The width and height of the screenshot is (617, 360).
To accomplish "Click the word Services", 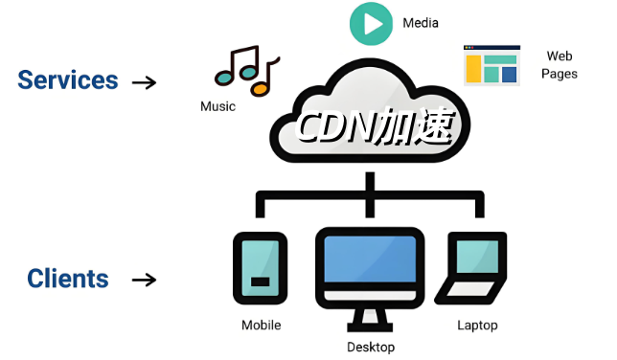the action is (x=68, y=79).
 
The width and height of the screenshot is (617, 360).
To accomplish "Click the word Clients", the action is (x=68, y=279).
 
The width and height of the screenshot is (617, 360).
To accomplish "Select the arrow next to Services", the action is (x=145, y=82).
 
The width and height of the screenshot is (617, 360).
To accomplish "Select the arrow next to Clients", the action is (x=145, y=281).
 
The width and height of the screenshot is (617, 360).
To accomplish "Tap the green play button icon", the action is (x=371, y=24).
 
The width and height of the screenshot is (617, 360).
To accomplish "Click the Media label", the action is (x=421, y=23).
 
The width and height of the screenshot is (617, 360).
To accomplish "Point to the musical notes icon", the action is (x=247, y=71).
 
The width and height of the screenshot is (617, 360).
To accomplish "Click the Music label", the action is (x=217, y=106).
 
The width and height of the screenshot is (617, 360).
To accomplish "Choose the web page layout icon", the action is (x=491, y=65).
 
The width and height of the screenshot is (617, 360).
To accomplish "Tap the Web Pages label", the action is (x=560, y=65).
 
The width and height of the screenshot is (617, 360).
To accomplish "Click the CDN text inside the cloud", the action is (x=333, y=126).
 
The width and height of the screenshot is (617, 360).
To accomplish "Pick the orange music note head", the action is (x=260, y=88).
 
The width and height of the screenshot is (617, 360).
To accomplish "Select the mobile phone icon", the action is (x=260, y=268).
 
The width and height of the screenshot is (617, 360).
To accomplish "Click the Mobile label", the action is (x=262, y=325).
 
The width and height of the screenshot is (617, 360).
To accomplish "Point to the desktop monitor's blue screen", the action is (x=370, y=259).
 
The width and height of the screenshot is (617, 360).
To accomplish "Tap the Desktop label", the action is (x=371, y=347).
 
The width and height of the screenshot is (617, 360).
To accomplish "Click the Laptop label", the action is (x=477, y=326).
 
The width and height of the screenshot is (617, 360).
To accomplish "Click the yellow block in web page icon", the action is (x=473, y=69).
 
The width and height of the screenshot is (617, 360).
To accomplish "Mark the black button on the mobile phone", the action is (x=260, y=281).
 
